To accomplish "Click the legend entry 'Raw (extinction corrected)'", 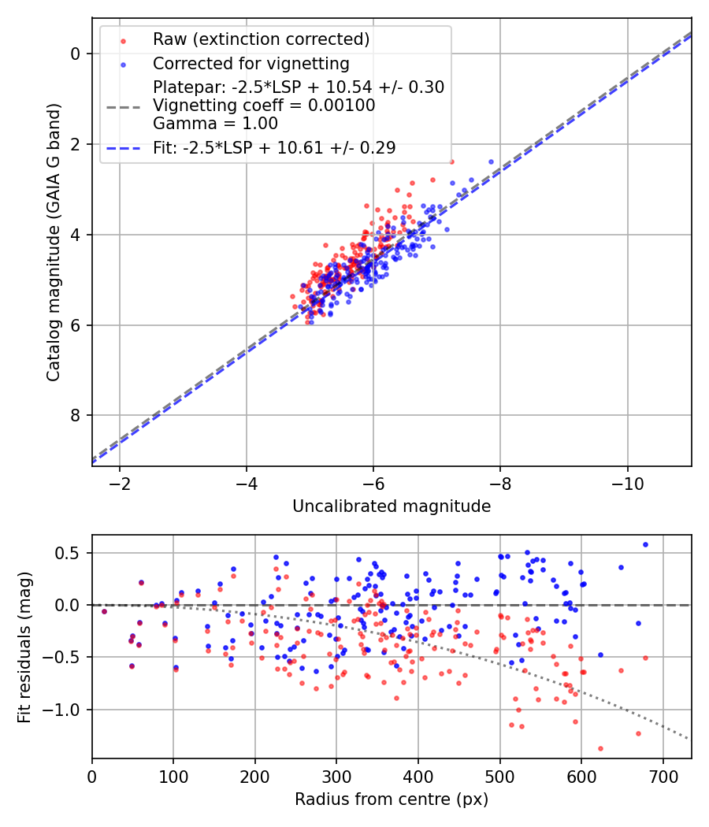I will (x=261, y=39).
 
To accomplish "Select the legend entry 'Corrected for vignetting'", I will (x=251, y=63).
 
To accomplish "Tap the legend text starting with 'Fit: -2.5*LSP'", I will (x=274, y=147).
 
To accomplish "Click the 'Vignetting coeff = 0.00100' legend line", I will (x=264, y=106).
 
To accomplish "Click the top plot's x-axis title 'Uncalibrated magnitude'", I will (x=392, y=506).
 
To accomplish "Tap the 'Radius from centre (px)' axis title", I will (x=392, y=799).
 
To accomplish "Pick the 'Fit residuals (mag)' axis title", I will (x=24, y=647).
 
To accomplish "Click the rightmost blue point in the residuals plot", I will (x=645, y=544).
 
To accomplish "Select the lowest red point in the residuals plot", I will (x=600, y=748).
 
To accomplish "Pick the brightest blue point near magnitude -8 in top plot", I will (x=491, y=161).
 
